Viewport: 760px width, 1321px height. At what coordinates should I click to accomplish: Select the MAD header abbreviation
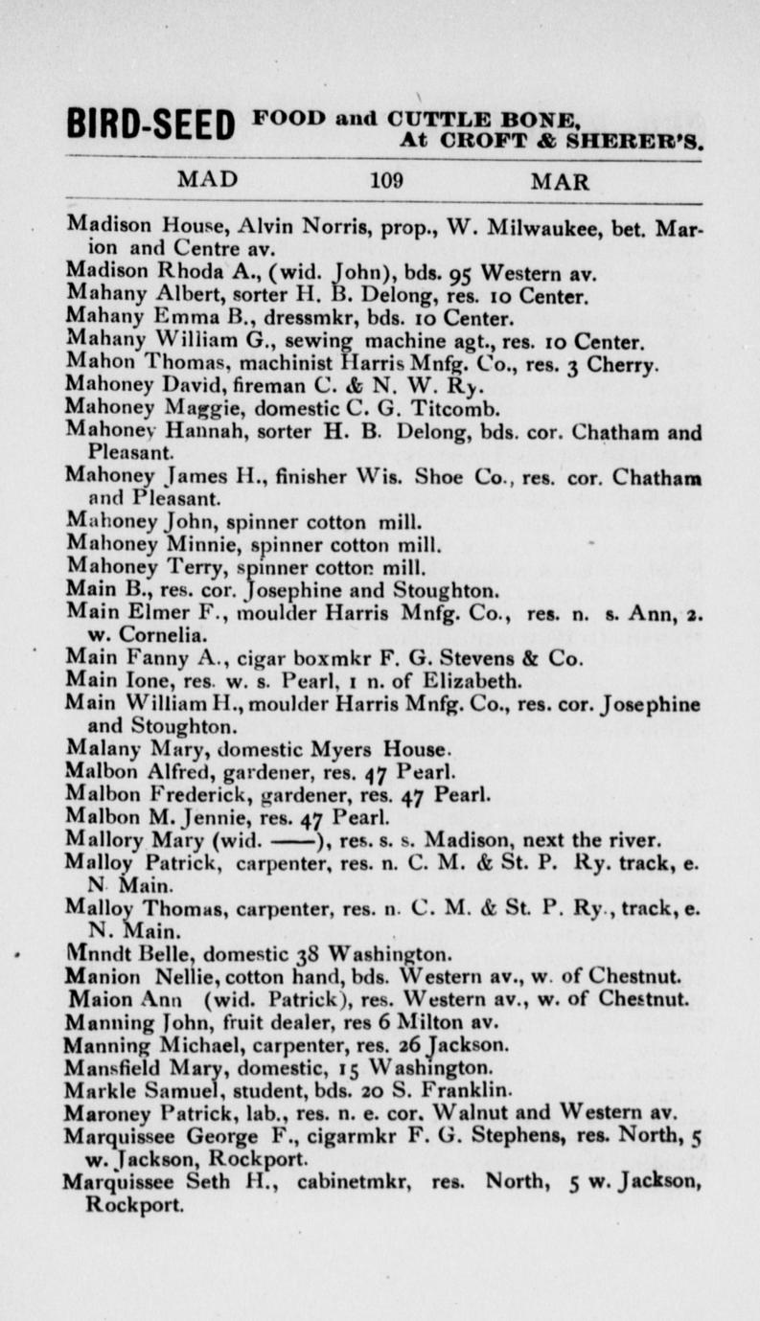click(208, 179)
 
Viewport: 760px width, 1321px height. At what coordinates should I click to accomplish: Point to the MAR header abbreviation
click(560, 180)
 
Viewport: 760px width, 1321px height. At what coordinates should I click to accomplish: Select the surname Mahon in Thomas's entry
click(95, 358)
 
